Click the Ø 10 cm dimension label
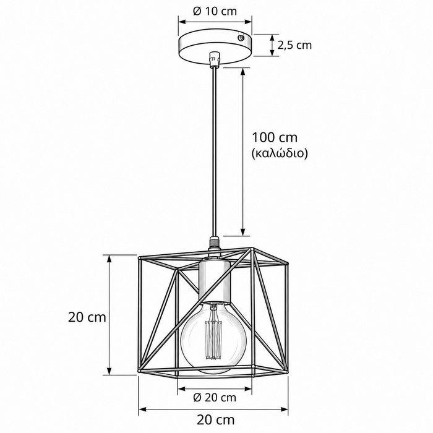pyautogui.click(x=215, y=11)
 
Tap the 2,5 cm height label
pyautogui.click(x=294, y=45)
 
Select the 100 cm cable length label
pyautogui.click(x=275, y=137)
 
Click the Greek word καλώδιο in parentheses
pyautogui.click(x=280, y=153)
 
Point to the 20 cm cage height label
pyautogui.click(x=87, y=317)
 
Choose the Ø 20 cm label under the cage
pyautogui.click(x=215, y=398)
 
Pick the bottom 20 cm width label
pyautogui.click(x=216, y=420)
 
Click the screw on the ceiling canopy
pyautogui.click(x=241, y=38)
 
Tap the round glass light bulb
pyautogui.click(x=213, y=337)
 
